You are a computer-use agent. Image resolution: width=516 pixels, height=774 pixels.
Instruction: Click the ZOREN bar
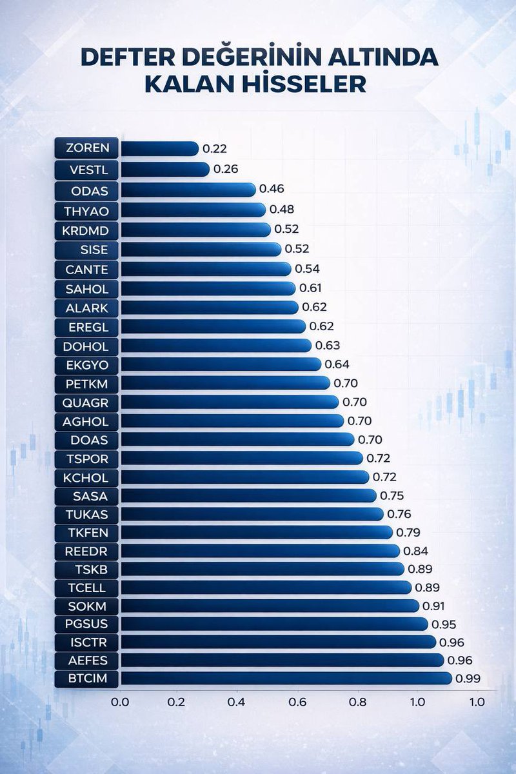159,148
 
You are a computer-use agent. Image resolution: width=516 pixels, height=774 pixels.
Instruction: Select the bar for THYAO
193,210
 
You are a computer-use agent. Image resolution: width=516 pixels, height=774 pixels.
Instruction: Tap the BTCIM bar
286,678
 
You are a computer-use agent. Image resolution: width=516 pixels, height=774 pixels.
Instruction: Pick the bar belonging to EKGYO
221,364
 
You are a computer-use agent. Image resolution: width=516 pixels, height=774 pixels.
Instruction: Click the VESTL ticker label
86,170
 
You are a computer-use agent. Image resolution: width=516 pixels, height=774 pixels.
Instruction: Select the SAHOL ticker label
86,288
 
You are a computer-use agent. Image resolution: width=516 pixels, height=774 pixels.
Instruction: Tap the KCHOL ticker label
86,477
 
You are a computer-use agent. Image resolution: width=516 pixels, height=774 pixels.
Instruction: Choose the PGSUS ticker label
86,624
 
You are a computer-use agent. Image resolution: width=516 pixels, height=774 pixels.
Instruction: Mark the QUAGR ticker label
86,402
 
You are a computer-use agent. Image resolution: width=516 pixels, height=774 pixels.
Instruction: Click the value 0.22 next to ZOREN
215,149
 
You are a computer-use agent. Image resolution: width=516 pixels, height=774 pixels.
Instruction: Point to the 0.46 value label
272,189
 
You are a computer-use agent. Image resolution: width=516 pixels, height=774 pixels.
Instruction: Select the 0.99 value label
468,679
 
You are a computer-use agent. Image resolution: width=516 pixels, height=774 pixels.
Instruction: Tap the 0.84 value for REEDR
415,551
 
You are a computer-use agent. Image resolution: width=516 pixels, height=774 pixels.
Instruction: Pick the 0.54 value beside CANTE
307,268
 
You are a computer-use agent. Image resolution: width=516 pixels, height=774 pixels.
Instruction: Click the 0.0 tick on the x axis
121,701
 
